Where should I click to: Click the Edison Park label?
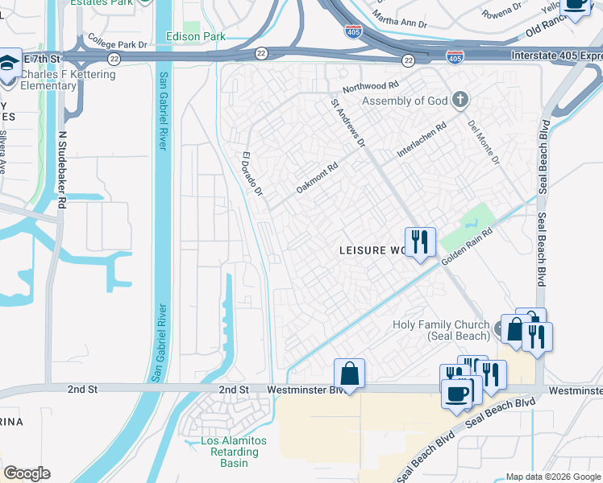point(195,37)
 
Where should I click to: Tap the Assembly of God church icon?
point(460,101)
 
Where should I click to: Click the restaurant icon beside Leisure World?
point(419,242)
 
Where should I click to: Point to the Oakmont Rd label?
point(316,176)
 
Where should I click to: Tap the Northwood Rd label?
point(370,85)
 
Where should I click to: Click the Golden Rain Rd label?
point(466,248)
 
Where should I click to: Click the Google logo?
point(27,473)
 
